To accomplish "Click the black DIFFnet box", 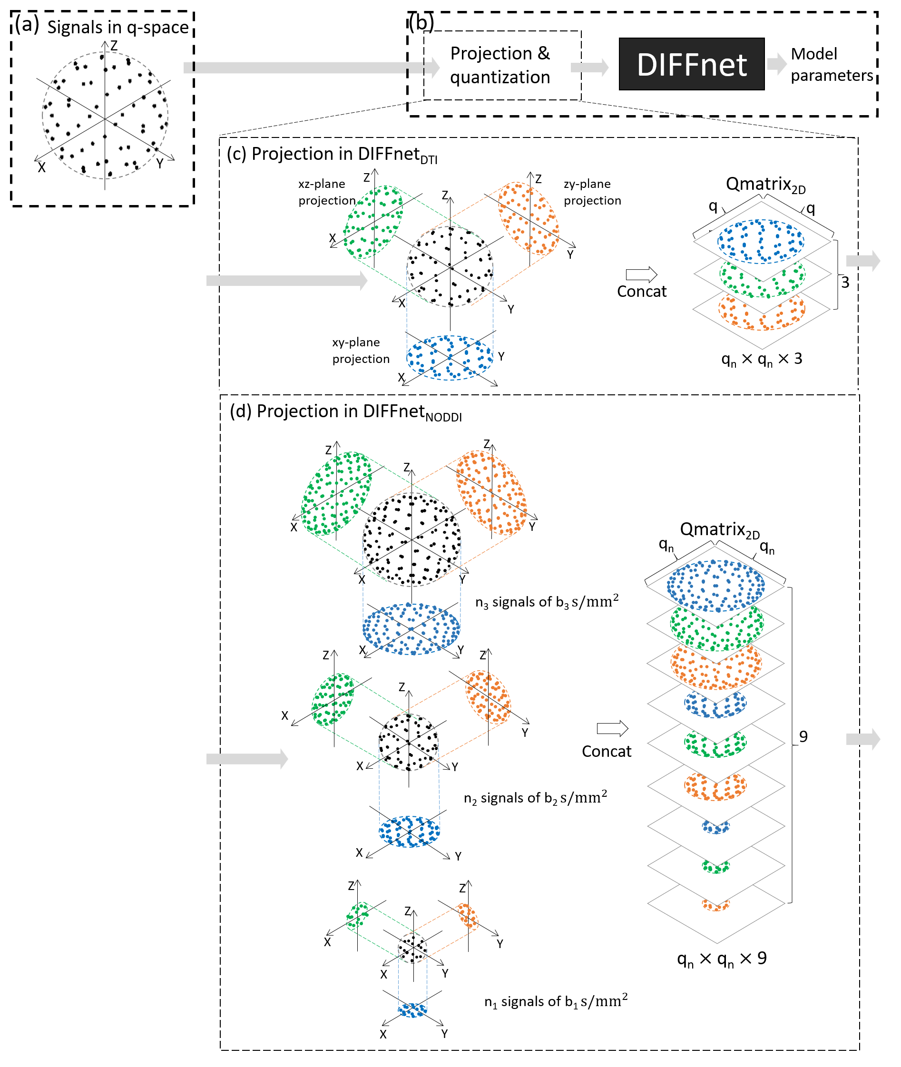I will pyautogui.click(x=691, y=64).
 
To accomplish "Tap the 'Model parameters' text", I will pyautogui.click(x=832, y=65).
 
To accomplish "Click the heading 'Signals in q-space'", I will pyautogui.click(x=118, y=27).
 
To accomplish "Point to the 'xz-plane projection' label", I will pyautogui.click(x=326, y=192).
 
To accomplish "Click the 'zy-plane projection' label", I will pyautogui.click(x=592, y=192).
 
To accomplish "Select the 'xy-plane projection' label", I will pyautogui.click(x=361, y=351).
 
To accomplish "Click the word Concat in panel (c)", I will pyautogui.click(x=642, y=291).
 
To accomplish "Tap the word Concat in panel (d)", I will pyautogui.click(x=606, y=751).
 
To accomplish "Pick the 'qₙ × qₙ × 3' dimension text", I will pyautogui.click(x=761, y=359).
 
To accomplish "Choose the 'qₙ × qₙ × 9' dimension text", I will pyautogui.click(x=721, y=959).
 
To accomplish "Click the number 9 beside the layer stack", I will pyautogui.click(x=803, y=736).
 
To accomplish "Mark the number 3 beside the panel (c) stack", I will pyautogui.click(x=845, y=282).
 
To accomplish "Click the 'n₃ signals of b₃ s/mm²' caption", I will pyautogui.click(x=547, y=602).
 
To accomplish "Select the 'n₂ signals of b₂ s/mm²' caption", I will pyautogui.click(x=535, y=797).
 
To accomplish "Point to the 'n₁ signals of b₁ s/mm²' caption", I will pyautogui.click(x=556, y=1001).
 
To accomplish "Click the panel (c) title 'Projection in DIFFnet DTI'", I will pyautogui.click(x=333, y=155).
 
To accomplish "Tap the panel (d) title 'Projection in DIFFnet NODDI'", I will pyautogui.click(x=346, y=412).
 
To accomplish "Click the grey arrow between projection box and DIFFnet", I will pyautogui.click(x=589, y=67).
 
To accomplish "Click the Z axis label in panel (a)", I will pyautogui.click(x=114, y=46).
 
